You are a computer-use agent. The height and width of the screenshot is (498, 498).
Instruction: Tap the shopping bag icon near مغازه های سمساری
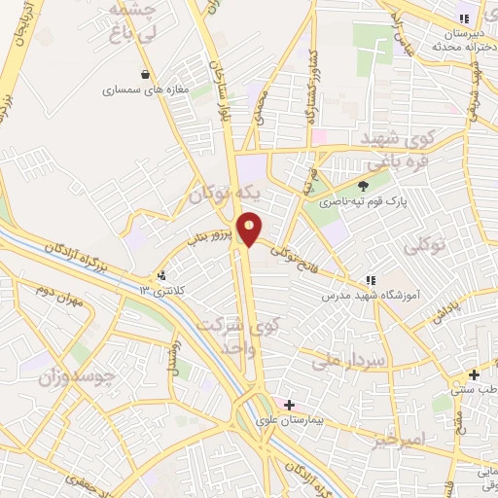[146, 74]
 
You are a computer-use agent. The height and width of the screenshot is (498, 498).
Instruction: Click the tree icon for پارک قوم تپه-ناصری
[364, 187]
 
